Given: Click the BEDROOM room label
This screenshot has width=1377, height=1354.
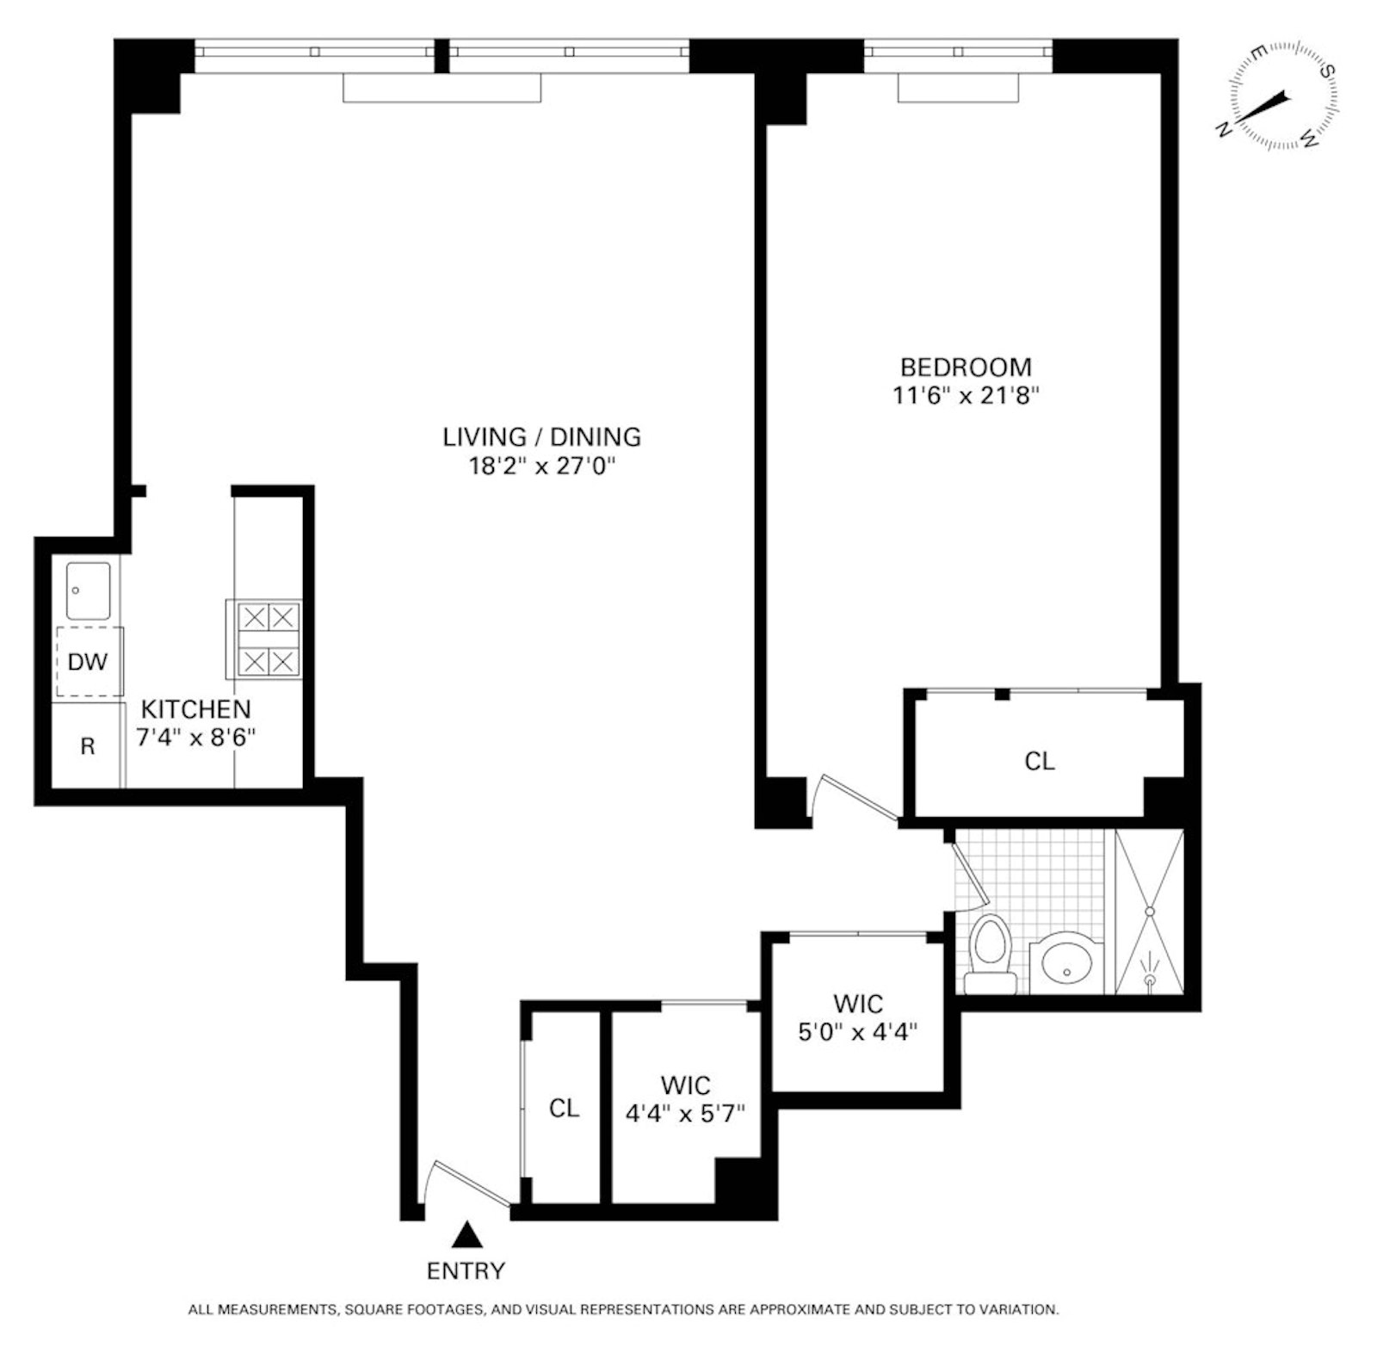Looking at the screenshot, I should pos(965,367).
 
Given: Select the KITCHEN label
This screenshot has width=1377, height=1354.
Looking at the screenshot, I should pos(195,709).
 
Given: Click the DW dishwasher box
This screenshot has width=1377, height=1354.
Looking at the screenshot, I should pos(88,662).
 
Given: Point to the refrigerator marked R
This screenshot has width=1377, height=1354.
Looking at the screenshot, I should pos(87,746).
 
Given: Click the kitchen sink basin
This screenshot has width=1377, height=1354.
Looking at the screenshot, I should pos(88,590).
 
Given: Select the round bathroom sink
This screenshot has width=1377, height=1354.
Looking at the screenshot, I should pos(1067,963).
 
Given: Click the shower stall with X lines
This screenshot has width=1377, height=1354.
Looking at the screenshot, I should pos(1150,912).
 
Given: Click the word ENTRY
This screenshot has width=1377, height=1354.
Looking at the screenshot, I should pos(466,1271).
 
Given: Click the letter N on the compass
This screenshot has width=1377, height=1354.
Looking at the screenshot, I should pos(1223,129).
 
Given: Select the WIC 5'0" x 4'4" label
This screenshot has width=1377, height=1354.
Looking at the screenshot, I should pos(858,1017).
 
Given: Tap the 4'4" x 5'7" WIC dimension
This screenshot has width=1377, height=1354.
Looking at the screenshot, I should pos(685,1113).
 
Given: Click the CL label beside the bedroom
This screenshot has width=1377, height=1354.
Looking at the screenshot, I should pos(1039,761).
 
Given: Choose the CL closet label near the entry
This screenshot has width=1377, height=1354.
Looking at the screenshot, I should pos(564,1108).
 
